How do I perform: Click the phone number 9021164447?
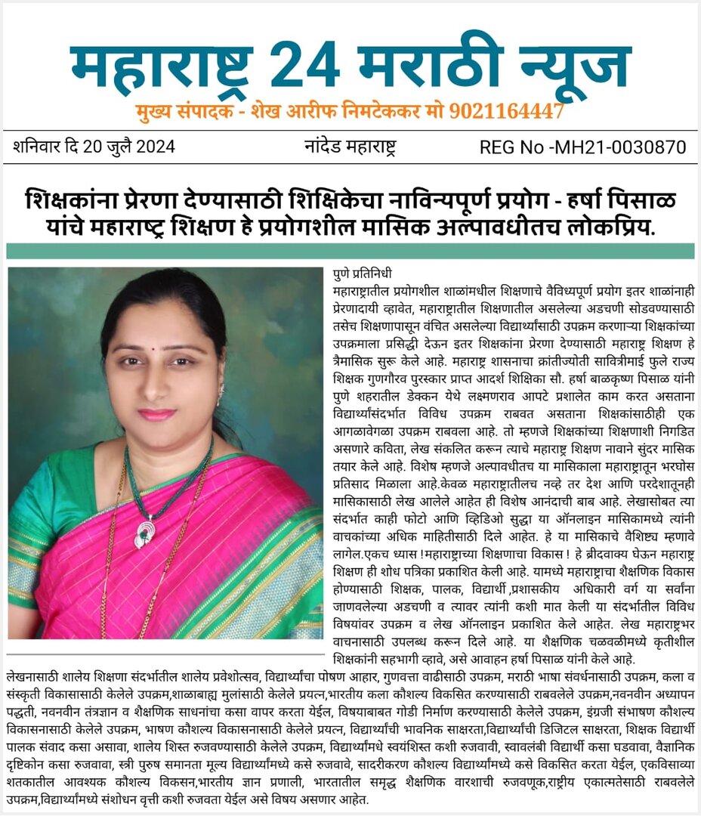click(x=506, y=112)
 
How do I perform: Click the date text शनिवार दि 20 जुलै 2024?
click(x=94, y=147)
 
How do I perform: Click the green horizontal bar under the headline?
click(x=350, y=251)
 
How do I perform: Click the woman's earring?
click(x=221, y=391)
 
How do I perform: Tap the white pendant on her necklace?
click(x=143, y=531)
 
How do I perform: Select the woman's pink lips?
click(x=156, y=414)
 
